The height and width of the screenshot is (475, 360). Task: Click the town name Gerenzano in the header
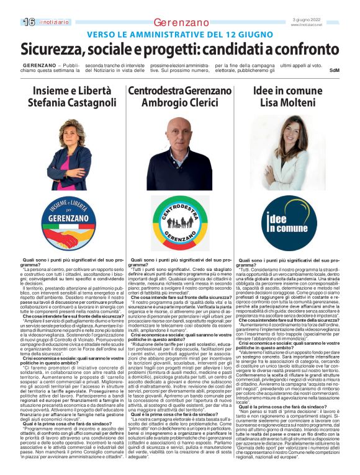pos(181,22)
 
